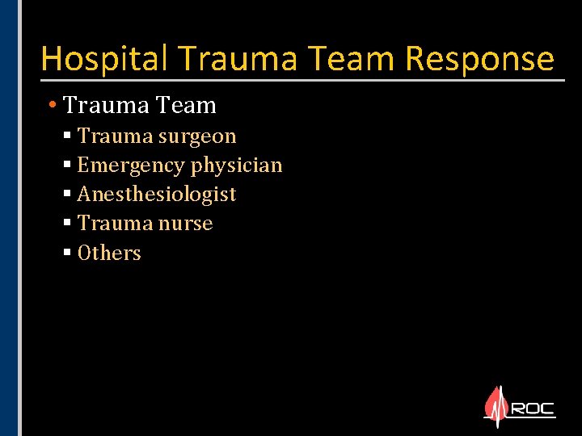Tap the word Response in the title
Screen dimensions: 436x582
pyautogui.click(x=479, y=59)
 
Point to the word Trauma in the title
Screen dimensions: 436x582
pyautogui.click(x=242, y=59)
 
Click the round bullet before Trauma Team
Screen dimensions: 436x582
pyautogui.click(x=52, y=105)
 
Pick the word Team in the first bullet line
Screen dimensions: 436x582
pyautogui.click(x=188, y=105)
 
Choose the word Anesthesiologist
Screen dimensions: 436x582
pyautogui.click(x=157, y=195)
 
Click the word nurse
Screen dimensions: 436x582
pyautogui.click(x=190, y=224)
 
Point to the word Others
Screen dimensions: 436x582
pyautogui.click(x=109, y=254)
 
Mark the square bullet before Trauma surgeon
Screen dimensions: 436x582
pyautogui.click(x=67, y=136)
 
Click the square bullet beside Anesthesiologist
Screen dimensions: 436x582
pyautogui.click(x=67, y=195)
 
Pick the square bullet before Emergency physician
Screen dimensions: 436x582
pyautogui.click(x=67, y=166)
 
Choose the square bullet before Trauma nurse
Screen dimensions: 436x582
pyautogui.click(x=67, y=224)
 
